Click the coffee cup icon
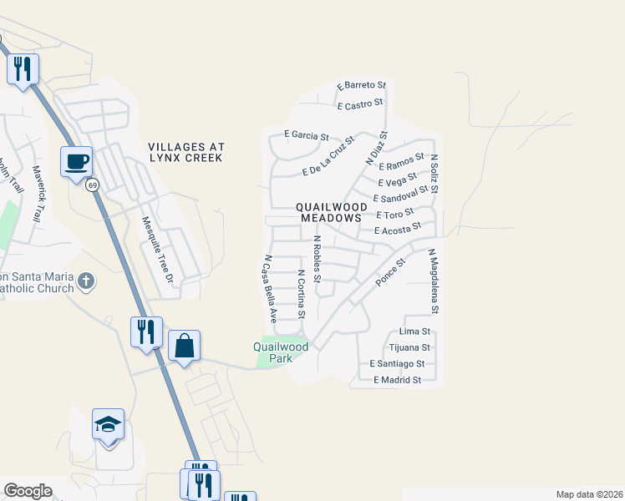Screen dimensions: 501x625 point(76,160)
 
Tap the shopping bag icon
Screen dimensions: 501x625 point(184,345)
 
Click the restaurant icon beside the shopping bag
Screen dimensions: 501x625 point(146,331)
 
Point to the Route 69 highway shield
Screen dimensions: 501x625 point(92,185)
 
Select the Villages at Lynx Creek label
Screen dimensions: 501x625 point(185,151)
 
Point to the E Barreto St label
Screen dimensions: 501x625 point(362,85)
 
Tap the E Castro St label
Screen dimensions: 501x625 point(360,105)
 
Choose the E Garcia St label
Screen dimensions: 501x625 point(307,134)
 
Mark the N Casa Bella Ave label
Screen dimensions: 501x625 point(271,289)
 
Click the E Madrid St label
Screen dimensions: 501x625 point(397,380)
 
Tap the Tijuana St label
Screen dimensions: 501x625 point(409,347)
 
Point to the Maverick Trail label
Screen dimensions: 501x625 point(37,191)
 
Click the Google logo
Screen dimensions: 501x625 point(28,491)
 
